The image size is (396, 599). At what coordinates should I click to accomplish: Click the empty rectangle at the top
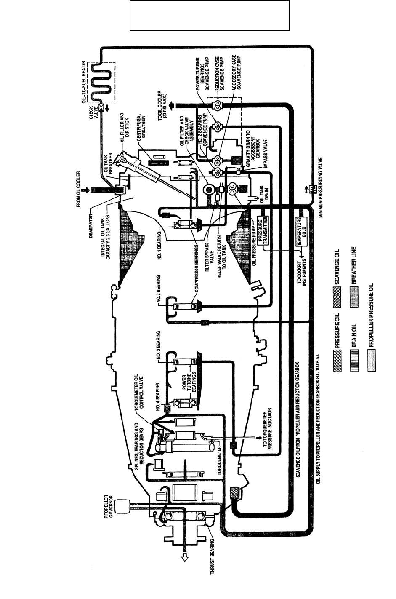[210, 16]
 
